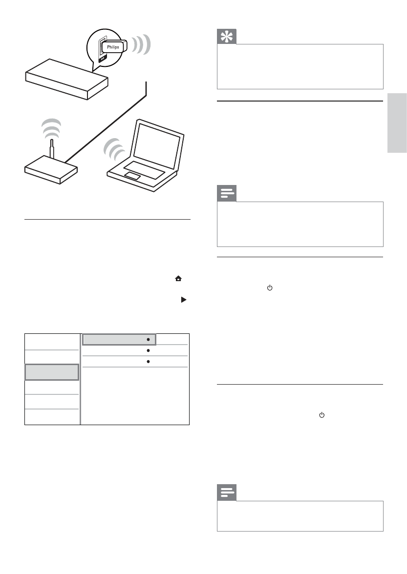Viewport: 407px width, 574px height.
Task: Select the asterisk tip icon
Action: (227, 37)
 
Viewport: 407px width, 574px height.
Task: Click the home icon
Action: (185, 279)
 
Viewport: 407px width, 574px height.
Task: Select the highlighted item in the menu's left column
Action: (52, 372)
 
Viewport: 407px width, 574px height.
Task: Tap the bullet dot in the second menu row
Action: (148, 350)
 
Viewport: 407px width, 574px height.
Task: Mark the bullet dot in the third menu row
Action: (148, 362)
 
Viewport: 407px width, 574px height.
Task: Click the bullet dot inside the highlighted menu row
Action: (148, 339)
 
